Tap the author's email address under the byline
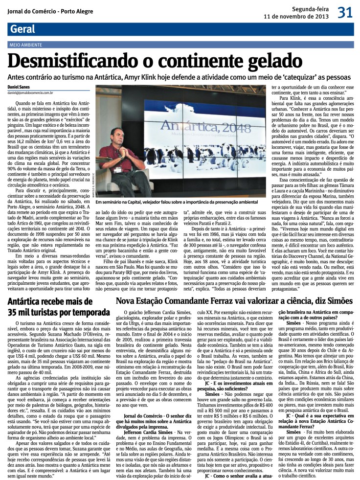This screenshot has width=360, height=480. click(36, 92)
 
